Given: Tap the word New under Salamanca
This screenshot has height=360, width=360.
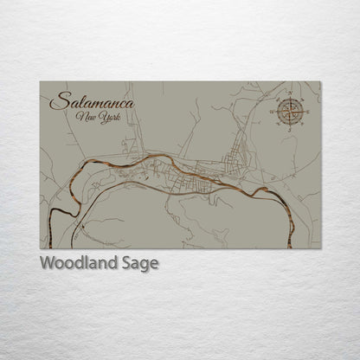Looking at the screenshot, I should coord(86,117).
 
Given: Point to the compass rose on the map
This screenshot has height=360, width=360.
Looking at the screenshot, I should coord(288,110).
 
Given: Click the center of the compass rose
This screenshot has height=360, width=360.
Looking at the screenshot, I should coord(288,110).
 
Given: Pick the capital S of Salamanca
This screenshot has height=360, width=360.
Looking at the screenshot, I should coord(57,101).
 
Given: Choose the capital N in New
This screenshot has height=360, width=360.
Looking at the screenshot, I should coord(80,117).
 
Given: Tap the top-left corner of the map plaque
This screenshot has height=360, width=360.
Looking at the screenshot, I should coord(40,82).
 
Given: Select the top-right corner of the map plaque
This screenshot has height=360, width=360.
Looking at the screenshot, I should coord(320,82).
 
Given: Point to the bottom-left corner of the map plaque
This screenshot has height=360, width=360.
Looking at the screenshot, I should coord(40,248).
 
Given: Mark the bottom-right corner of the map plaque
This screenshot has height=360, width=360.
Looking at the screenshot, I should coord(320,248).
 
